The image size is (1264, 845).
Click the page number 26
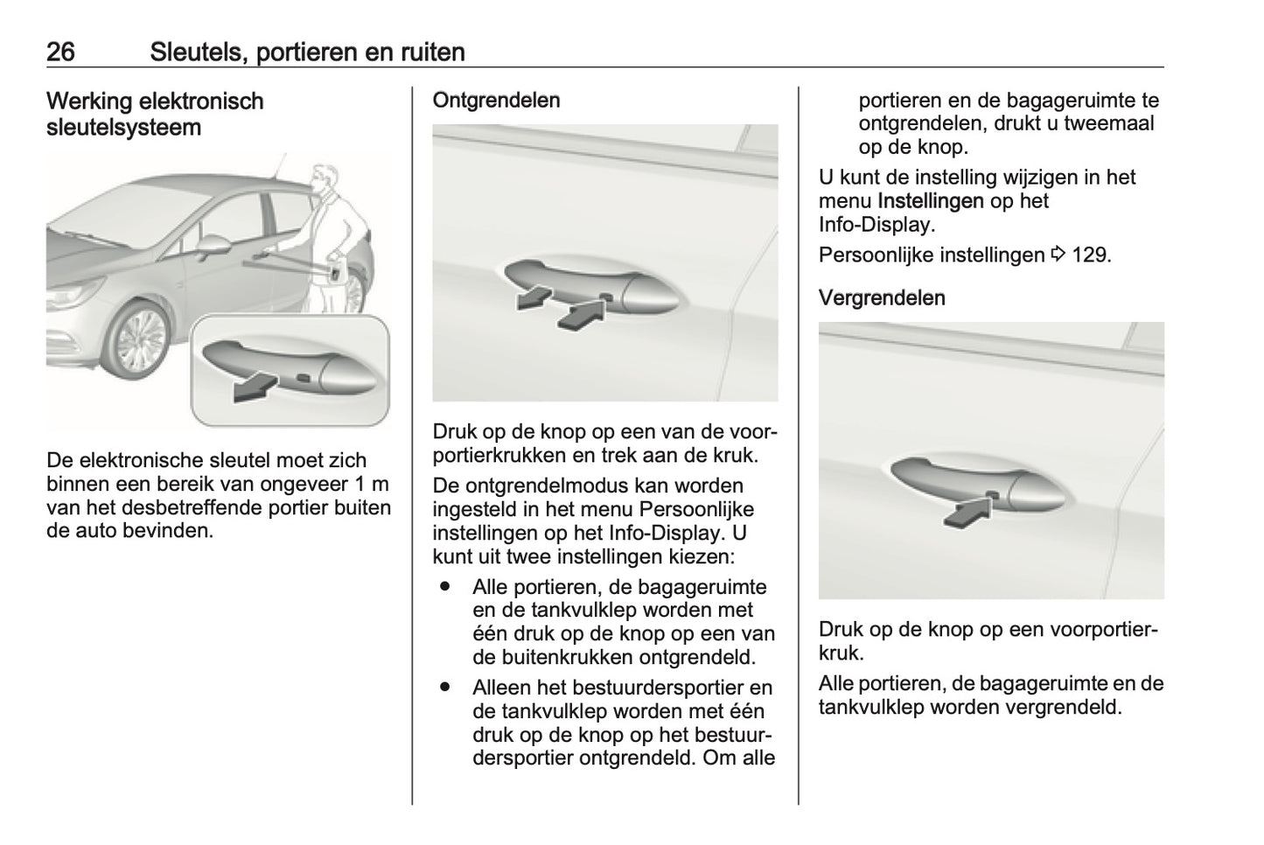(60, 52)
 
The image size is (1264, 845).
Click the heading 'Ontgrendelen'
(496, 101)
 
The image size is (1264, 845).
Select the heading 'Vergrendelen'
(882, 298)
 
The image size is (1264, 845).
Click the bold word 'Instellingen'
(930, 201)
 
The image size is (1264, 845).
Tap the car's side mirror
(213, 246)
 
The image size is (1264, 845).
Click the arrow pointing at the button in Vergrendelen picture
(967, 511)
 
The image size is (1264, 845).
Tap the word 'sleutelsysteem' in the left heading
(123, 128)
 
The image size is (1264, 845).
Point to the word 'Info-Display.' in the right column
(876, 225)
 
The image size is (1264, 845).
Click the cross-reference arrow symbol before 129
(1058, 255)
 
